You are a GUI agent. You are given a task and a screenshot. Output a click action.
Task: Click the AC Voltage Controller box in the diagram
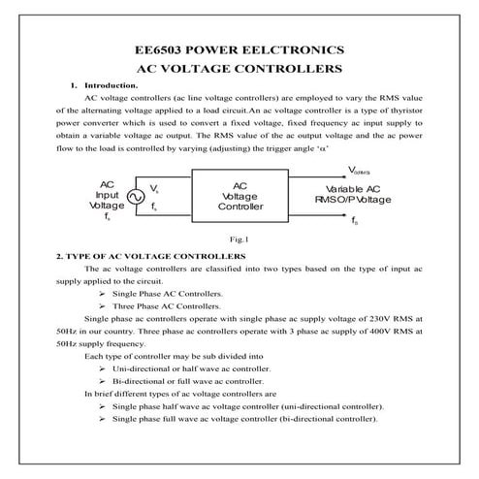(240, 197)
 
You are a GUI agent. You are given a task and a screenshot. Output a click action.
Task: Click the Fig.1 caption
(239, 238)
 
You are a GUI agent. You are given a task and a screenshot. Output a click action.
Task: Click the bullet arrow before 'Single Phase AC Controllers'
(103, 293)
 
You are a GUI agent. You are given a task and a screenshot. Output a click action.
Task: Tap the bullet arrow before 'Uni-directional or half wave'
(103, 369)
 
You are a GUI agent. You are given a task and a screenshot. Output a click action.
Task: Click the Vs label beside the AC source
(154, 184)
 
